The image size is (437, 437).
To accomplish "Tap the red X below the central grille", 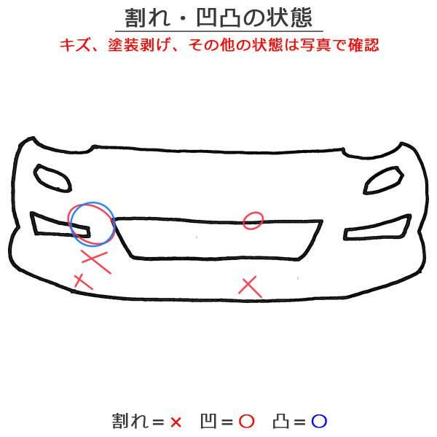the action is point(251,287).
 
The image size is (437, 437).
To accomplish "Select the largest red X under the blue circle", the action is point(96,261).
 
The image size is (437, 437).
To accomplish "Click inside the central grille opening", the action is point(217,239).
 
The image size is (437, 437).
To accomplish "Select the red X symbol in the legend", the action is point(176,422).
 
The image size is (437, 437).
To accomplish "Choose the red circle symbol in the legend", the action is point(247,421).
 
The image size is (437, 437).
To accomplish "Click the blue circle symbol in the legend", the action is point(319,421).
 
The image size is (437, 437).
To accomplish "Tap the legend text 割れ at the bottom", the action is point(130,421).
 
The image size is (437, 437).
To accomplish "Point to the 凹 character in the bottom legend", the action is point(208,421).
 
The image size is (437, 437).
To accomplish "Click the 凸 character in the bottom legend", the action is point(281,421).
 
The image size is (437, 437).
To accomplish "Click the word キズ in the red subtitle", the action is point(75,44).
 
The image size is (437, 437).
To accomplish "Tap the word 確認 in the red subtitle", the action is point(363,44).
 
